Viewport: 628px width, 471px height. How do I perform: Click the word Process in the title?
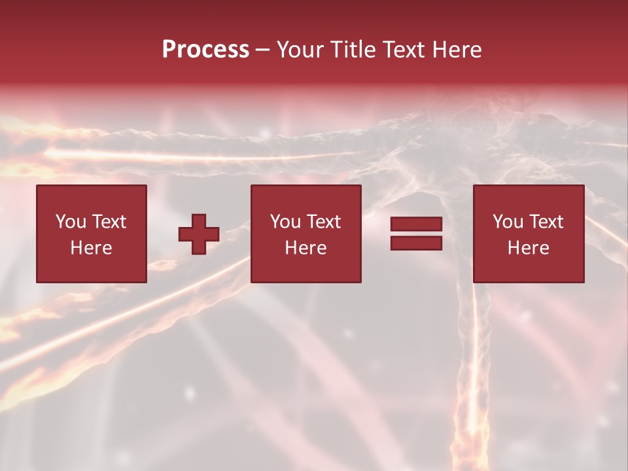coord(205,50)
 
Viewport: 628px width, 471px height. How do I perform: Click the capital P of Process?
coord(169,50)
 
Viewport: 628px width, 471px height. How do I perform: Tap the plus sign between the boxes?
coord(199,234)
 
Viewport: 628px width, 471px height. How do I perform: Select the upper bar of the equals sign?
coord(416,224)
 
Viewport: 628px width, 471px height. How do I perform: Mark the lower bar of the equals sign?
coord(416,243)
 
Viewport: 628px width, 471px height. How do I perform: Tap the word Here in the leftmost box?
coord(91,248)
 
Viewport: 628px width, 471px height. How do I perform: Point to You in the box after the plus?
coord(285,222)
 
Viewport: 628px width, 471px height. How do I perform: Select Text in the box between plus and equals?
coord(323,222)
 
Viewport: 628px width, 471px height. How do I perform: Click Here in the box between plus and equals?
coord(305,248)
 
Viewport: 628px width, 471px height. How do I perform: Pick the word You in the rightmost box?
coord(508,222)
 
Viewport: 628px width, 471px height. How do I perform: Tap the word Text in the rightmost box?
coord(546,222)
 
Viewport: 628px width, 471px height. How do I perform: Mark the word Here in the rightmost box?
coord(528,248)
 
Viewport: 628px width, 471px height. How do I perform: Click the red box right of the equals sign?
coord(529,268)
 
